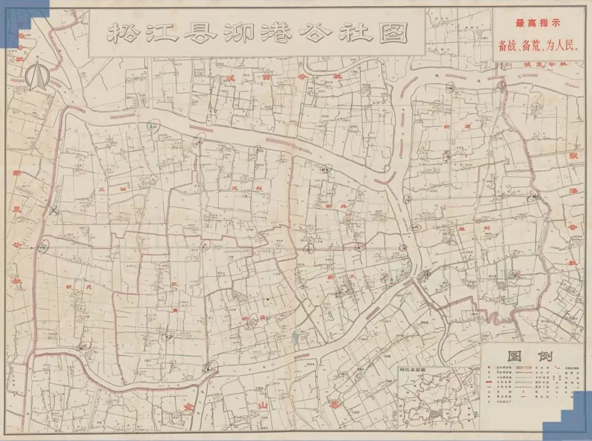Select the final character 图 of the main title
[394, 34]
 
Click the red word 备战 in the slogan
[509, 46]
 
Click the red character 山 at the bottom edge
[262, 405]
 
